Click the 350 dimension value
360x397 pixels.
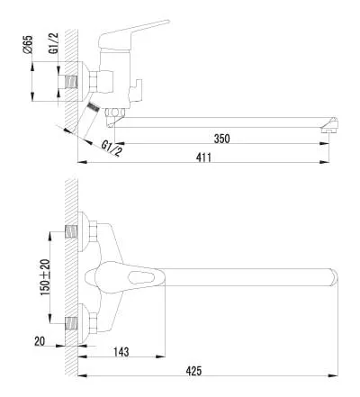coord(221,139)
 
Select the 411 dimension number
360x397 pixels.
coord(203,158)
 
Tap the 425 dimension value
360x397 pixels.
coord(193,371)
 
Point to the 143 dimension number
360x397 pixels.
coord(121,352)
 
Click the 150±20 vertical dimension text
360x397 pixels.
coord(46,277)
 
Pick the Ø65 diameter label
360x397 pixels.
coord(28,44)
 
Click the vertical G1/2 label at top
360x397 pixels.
coord(54,43)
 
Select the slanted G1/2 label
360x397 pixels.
coord(112,149)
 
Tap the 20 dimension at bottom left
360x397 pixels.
coord(40,341)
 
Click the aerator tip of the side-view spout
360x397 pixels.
coord(330,125)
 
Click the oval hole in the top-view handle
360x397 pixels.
coord(139,277)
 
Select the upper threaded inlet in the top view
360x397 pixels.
coord(71,231)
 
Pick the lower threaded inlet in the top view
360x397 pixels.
coord(71,323)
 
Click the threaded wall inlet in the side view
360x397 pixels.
coord(71,81)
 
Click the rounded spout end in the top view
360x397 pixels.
coord(334,277)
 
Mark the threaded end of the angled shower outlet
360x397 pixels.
coord(94,107)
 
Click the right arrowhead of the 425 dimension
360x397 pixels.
coord(334,375)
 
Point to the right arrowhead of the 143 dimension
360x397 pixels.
coord(161,356)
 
